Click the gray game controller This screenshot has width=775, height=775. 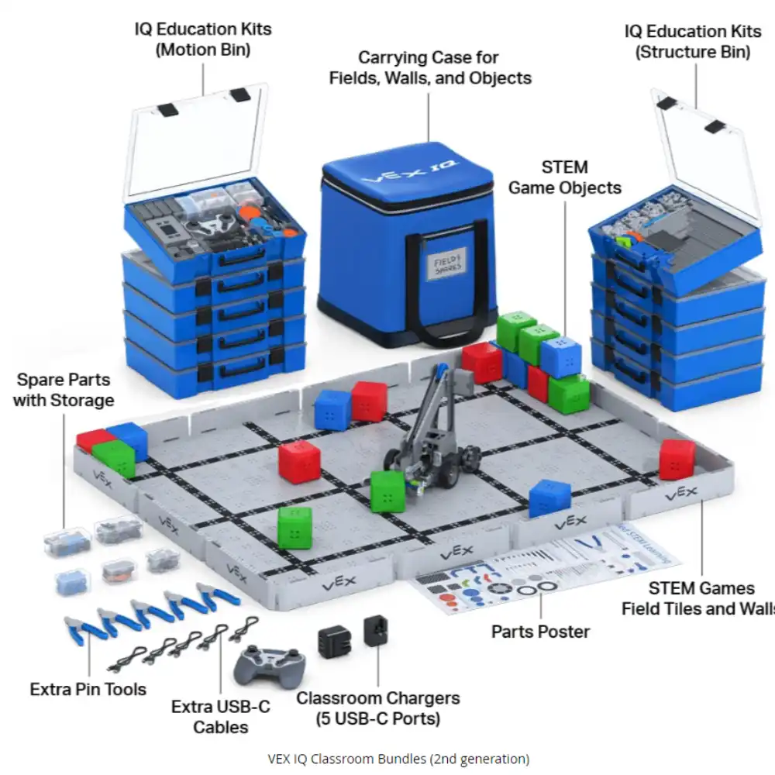click(270, 665)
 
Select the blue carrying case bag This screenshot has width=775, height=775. click(408, 248)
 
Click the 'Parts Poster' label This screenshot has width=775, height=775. click(540, 631)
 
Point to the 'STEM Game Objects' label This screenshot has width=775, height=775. click(564, 177)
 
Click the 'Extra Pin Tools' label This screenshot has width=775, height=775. click(88, 688)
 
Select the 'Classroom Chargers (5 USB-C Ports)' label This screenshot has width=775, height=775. click(377, 708)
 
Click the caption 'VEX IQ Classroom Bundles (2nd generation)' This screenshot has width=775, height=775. click(398, 758)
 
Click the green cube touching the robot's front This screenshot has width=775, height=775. click(387, 491)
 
